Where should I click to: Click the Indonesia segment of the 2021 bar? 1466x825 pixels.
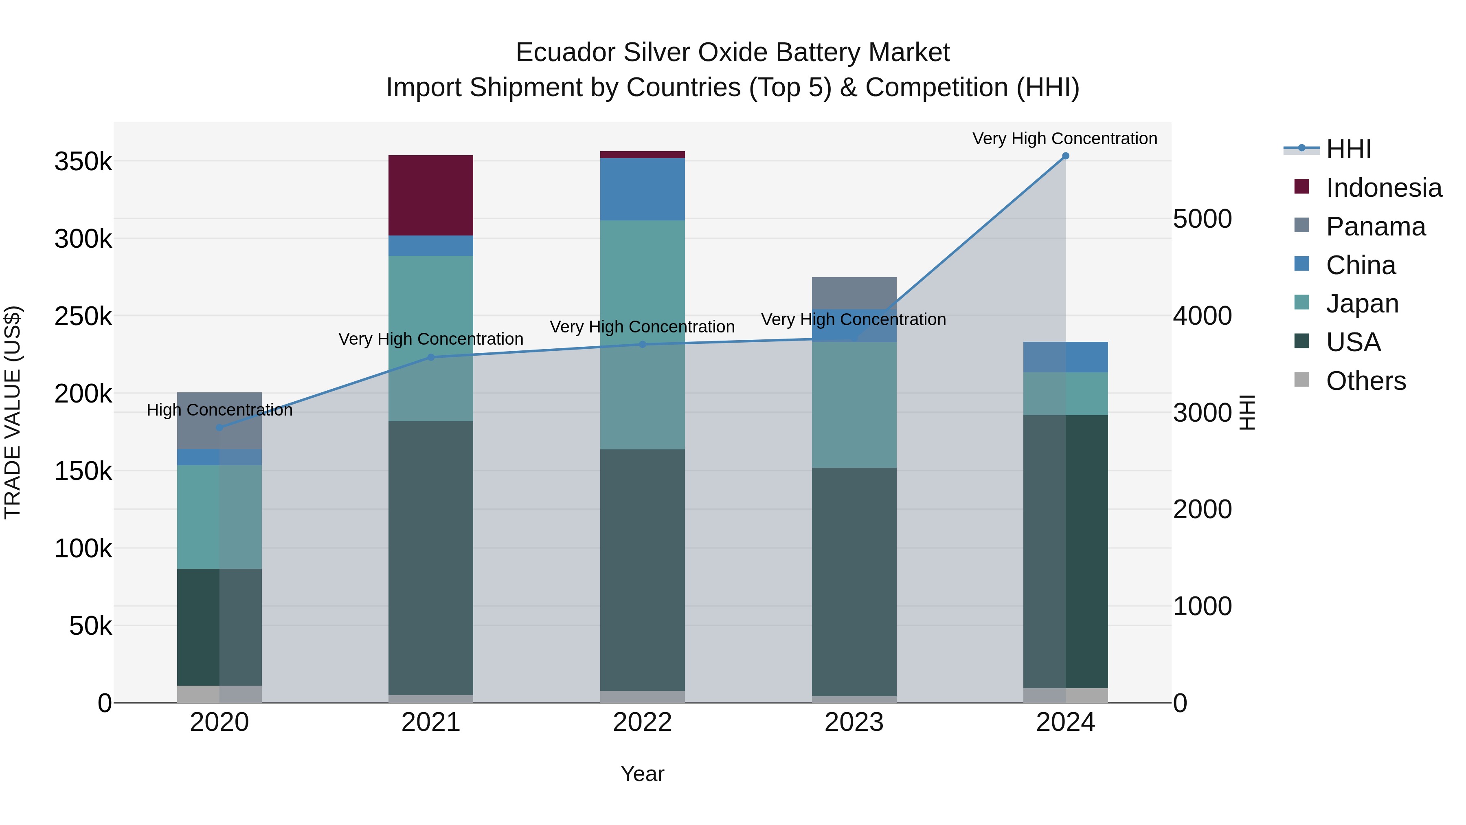point(430,195)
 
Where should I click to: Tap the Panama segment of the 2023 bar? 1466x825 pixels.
point(854,293)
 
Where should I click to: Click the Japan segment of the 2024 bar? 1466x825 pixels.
point(1065,394)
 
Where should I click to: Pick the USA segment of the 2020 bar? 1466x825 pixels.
point(219,626)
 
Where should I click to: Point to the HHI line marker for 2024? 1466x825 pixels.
point(1065,156)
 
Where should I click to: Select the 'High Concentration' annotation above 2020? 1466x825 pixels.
point(219,410)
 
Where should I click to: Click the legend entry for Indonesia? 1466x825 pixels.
point(1383,188)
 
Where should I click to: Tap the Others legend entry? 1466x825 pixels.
point(1365,381)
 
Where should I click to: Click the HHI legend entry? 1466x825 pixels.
point(1348,149)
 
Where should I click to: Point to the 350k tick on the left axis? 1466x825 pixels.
point(83,162)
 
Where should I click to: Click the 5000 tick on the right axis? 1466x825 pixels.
point(1202,219)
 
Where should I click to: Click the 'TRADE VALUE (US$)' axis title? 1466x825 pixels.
point(13,412)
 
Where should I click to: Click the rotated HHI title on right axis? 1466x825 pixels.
point(1247,412)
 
